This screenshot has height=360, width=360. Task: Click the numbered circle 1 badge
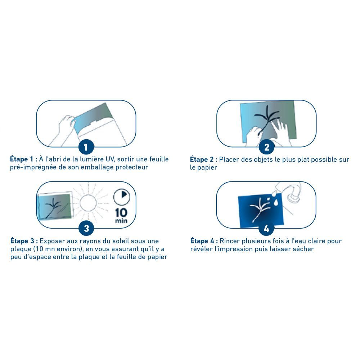[x=86, y=147]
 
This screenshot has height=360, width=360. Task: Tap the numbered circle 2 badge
[x=266, y=147]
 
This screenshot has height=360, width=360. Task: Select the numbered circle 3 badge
[x=86, y=229]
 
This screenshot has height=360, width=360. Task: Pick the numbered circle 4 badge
[x=266, y=229]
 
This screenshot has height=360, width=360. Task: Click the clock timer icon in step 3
[x=122, y=197]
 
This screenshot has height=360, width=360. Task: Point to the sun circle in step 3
[x=88, y=203]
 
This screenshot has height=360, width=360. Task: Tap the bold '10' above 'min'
[x=121, y=213]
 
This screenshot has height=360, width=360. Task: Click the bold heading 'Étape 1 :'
[x=24, y=159]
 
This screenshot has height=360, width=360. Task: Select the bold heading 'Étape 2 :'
[x=204, y=159]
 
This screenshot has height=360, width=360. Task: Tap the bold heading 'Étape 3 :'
[x=24, y=241]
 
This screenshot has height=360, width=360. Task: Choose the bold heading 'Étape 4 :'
[x=204, y=241]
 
